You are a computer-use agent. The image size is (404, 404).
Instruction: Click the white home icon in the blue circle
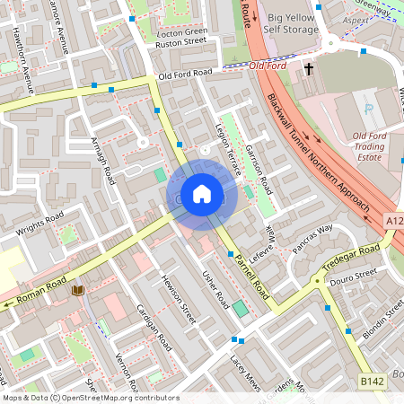pos(202,194)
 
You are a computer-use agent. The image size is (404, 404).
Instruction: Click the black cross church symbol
pos(309,68)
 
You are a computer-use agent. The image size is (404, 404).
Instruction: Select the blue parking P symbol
pos(368,109)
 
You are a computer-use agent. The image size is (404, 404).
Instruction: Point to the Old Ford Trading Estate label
pos(356,146)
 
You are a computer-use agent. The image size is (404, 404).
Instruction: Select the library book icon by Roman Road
pos(77,290)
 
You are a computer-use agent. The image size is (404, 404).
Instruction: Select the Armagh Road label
pos(102,161)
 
